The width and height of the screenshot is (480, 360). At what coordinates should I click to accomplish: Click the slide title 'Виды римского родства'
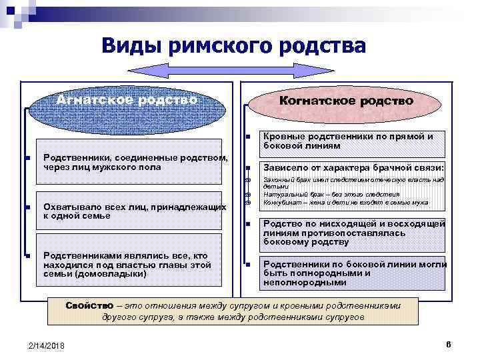pyautogui.click(x=234, y=46)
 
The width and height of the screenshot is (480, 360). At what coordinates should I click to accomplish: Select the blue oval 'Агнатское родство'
pyautogui.click(x=127, y=101)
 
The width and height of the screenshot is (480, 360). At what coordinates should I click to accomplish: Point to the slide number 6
pyautogui.click(x=449, y=344)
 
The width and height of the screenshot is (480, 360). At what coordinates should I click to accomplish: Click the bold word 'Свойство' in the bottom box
pyautogui.click(x=89, y=305)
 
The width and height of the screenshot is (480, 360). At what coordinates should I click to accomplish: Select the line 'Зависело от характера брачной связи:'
pyautogui.click(x=354, y=168)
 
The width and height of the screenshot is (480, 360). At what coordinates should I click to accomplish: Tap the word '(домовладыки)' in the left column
pyautogui.click(x=109, y=274)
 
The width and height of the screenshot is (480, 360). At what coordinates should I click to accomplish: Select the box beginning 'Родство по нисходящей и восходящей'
pyautogui.click(x=354, y=233)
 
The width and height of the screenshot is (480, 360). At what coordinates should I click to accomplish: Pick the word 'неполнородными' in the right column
pyautogui.click(x=305, y=283)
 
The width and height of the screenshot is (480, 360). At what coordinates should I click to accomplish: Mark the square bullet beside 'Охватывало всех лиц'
pyautogui.click(x=27, y=208)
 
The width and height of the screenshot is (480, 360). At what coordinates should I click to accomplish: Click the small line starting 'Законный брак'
pyautogui.click(x=353, y=180)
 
